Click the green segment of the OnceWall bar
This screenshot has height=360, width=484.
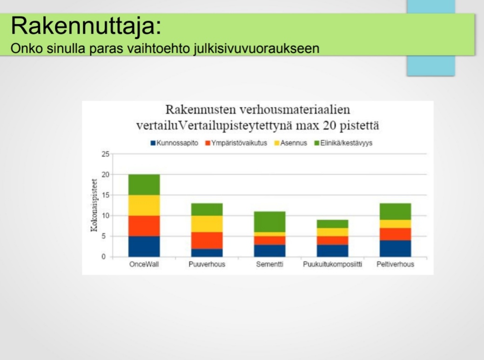pyautogui.click(x=144, y=185)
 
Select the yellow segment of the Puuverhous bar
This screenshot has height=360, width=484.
pyautogui.click(x=207, y=224)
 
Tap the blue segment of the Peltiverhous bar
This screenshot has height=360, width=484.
pyautogui.click(x=396, y=249)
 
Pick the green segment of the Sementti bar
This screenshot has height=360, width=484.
pyautogui.click(x=270, y=222)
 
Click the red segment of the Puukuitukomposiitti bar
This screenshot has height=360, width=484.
pyautogui.click(x=332, y=240)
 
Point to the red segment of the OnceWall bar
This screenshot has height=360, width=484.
pyautogui.click(x=144, y=226)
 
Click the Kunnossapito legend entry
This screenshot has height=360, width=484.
pyautogui.click(x=175, y=143)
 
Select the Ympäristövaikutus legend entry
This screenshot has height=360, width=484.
pyautogui.click(x=236, y=143)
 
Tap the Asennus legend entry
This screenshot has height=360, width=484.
pyautogui.click(x=291, y=143)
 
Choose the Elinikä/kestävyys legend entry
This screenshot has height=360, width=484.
pyautogui.click(x=343, y=143)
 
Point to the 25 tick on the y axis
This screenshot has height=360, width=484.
pyautogui.click(x=106, y=154)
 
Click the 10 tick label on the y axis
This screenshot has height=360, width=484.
pyautogui.click(x=106, y=216)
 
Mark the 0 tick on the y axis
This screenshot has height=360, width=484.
pyautogui.click(x=104, y=257)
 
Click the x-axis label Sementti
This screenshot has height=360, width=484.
pyautogui.click(x=270, y=264)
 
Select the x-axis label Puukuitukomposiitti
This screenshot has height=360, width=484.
pyautogui.click(x=332, y=264)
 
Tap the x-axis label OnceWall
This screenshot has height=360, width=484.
pyautogui.click(x=144, y=264)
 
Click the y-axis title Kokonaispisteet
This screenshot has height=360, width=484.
pyautogui.click(x=94, y=206)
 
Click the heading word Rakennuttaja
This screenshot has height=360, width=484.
pyautogui.click(x=83, y=26)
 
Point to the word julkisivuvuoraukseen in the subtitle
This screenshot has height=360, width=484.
pyautogui.click(x=256, y=49)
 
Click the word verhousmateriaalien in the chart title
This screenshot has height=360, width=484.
pyautogui.click(x=295, y=110)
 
